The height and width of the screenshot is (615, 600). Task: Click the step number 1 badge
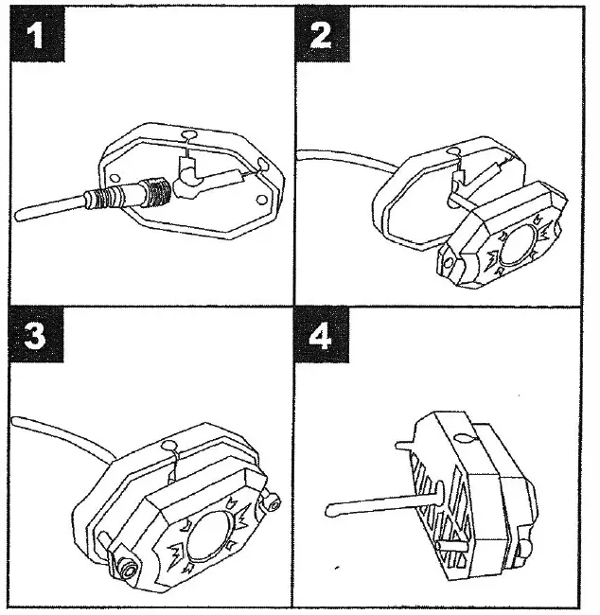[35, 37]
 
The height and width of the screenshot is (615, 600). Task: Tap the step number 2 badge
[321, 37]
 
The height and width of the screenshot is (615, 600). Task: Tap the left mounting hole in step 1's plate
[114, 176]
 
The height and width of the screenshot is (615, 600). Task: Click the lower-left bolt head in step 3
[122, 567]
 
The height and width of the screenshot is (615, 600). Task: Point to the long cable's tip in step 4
[331, 510]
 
